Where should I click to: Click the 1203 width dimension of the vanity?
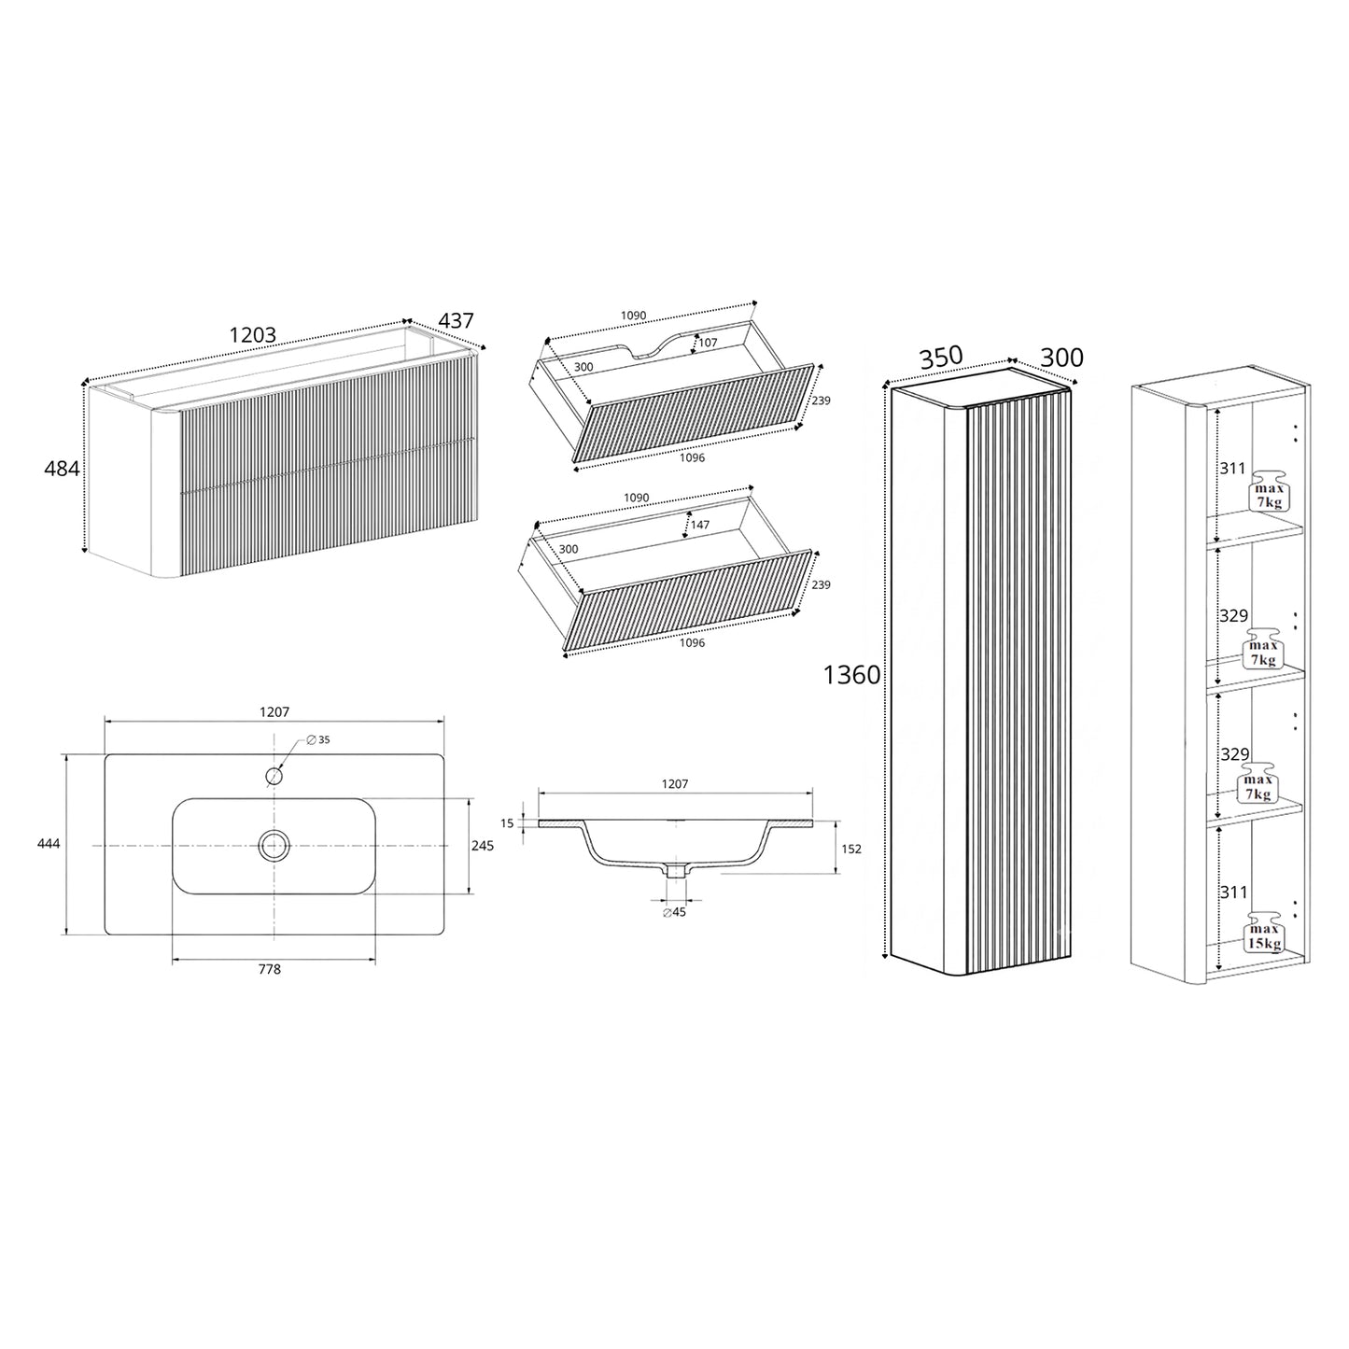click(253, 335)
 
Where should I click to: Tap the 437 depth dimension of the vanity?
click(456, 320)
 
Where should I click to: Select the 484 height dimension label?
click(62, 469)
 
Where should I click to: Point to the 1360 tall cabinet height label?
click(851, 675)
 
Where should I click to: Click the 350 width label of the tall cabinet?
click(941, 357)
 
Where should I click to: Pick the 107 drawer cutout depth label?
click(708, 343)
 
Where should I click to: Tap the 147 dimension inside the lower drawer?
click(700, 525)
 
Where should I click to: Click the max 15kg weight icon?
click(1264, 933)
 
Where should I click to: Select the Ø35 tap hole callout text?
click(317, 740)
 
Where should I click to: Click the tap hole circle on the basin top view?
click(274, 777)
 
